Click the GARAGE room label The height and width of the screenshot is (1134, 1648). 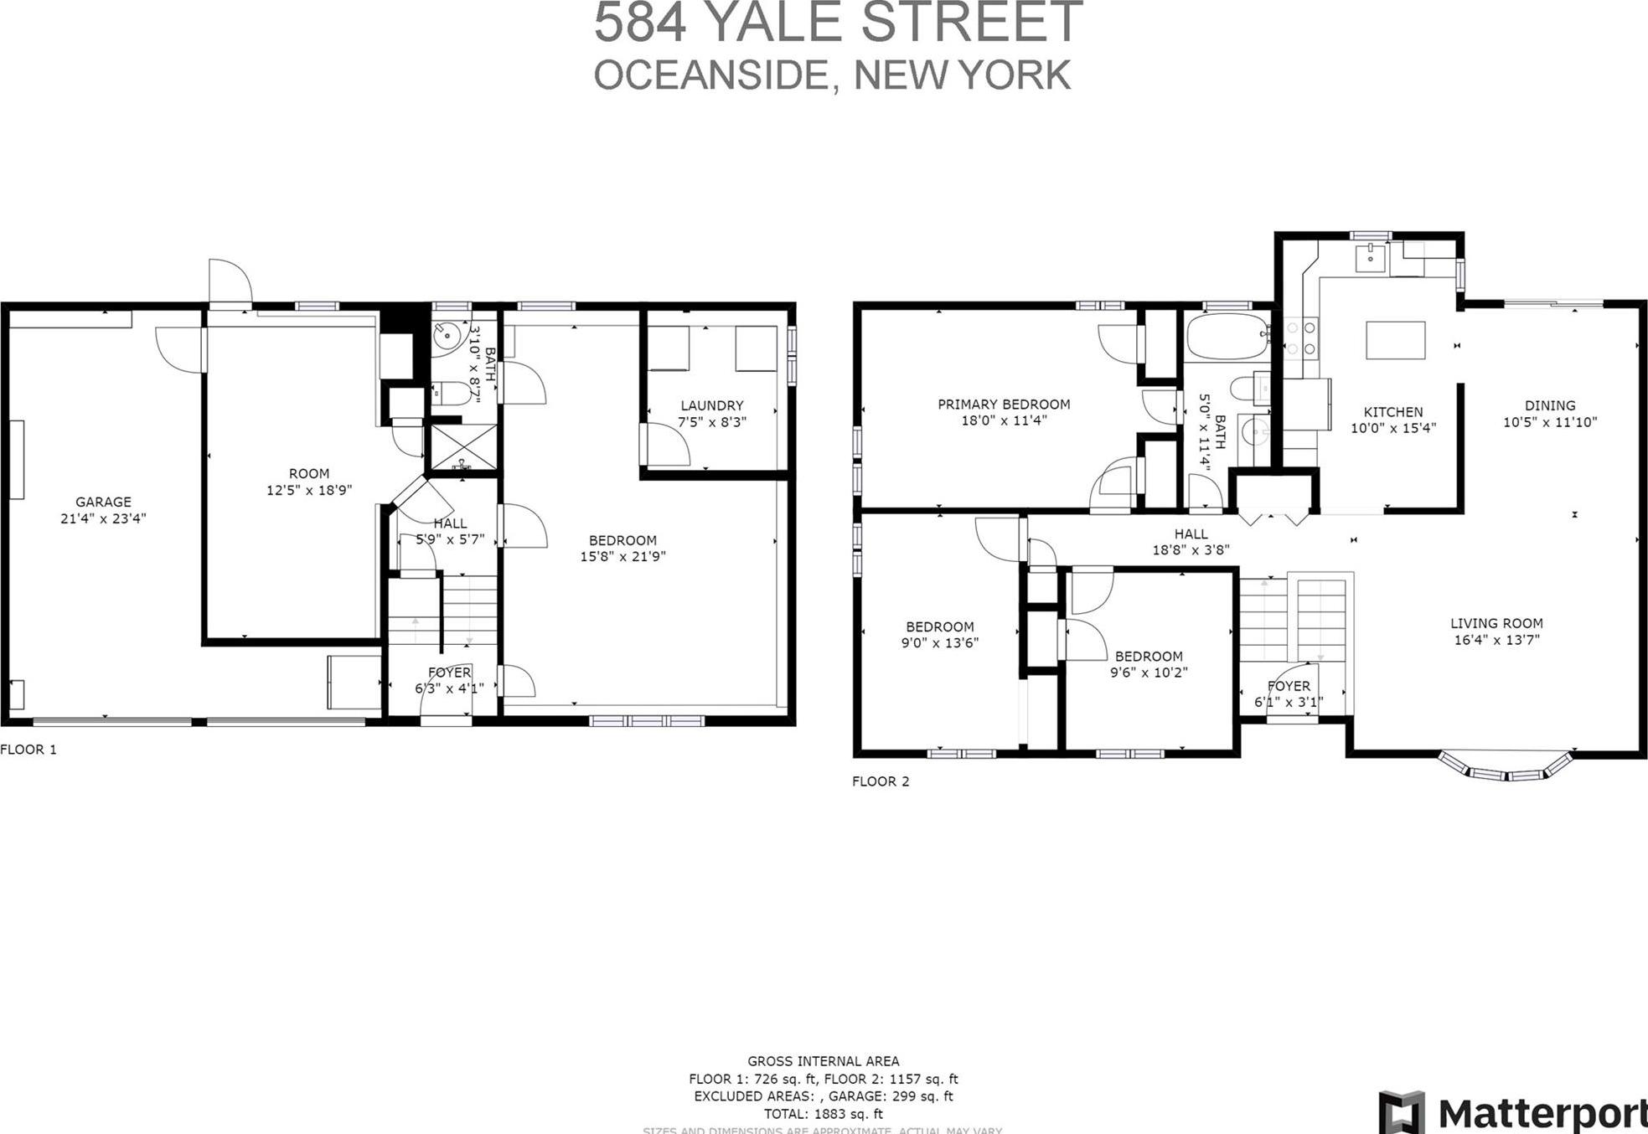(103, 502)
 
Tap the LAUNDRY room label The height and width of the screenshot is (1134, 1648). (711, 405)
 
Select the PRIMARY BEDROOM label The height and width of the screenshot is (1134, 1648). (1003, 405)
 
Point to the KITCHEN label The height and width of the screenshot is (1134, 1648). (1392, 412)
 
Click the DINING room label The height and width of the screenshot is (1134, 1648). (1549, 405)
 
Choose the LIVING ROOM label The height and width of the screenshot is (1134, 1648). (1496, 623)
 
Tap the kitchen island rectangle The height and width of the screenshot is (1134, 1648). (1395, 340)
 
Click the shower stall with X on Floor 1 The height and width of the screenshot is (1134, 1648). (463, 447)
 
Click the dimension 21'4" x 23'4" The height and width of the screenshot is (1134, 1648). (103, 518)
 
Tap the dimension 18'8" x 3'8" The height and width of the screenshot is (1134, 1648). (1191, 550)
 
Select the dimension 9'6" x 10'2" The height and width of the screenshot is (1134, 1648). (1149, 672)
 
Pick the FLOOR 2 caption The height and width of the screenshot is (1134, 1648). (880, 781)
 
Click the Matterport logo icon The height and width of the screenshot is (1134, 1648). (1401, 1112)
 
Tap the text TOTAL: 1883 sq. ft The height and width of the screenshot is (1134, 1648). (823, 1114)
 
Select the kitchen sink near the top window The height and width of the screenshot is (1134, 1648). (1372, 255)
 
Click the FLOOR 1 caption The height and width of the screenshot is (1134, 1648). (28, 750)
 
